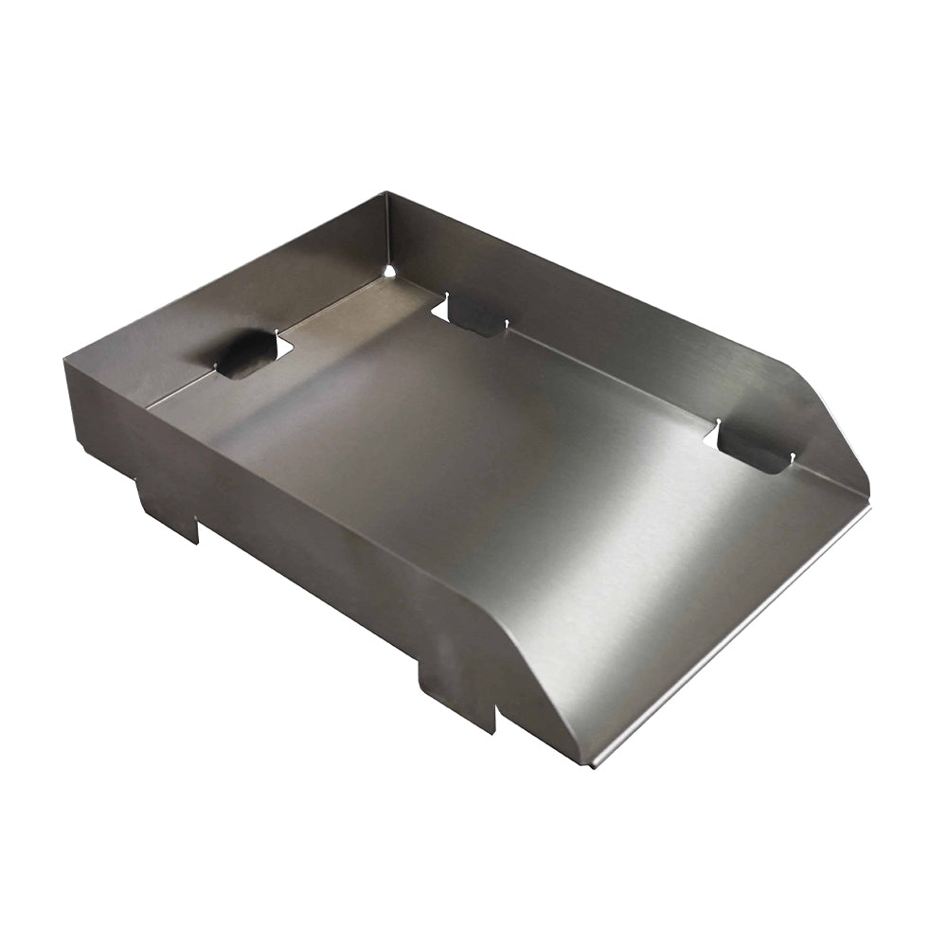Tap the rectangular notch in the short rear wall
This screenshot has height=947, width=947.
[x=248, y=354]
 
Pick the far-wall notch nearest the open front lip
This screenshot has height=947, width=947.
[x=753, y=448]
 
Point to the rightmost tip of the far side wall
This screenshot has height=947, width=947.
[x=867, y=492]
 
